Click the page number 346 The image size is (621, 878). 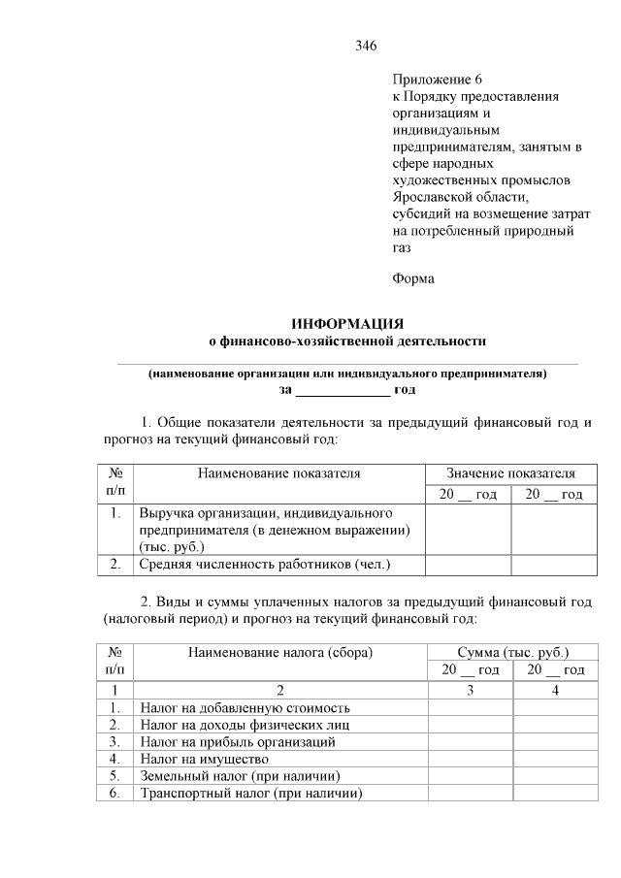[x=366, y=46]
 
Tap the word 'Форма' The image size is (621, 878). [x=413, y=279]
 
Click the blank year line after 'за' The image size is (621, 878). [x=342, y=390]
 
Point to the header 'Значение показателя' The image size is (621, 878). [x=510, y=473]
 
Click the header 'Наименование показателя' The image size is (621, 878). [x=278, y=473]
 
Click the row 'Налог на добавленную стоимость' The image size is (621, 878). [x=245, y=708]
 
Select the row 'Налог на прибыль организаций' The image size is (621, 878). [x=238, y=742]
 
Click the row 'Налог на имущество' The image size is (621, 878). [x=204, y=759]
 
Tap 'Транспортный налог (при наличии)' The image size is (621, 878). [x=250, y=793]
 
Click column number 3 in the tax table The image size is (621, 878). [x=471, y=690]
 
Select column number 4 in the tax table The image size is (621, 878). [x=555, y=690]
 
